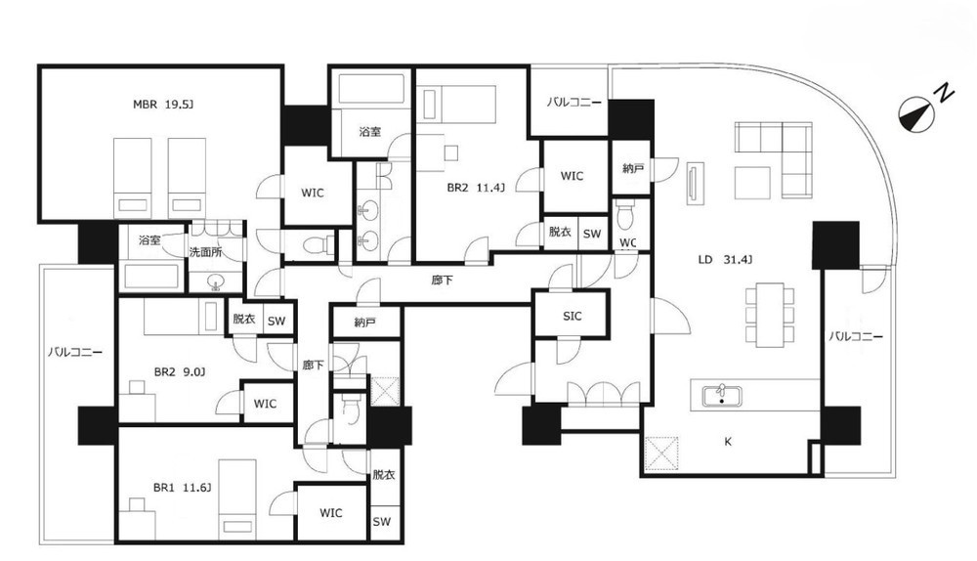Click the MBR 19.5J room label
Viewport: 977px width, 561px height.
tap(163, 105)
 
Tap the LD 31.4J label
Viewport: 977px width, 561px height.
tap(725, 259)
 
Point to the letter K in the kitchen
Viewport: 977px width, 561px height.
tap(728, 442)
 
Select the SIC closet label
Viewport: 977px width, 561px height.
tap(572, 316)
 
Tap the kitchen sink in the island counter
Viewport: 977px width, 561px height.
tap(722, 397)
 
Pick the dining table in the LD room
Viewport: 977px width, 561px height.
tap(770, 315)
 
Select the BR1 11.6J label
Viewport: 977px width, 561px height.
tap(182, 488)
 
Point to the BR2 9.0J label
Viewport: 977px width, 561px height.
tap(180, 372)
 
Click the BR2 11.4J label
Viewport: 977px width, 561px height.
tap(476, 187)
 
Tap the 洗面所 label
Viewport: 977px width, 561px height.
tap(206, 252)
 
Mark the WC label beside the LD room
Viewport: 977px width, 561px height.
tap(628, 242)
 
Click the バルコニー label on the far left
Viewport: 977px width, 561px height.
tap(75, 352)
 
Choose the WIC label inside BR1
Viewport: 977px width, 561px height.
tap(331, 513)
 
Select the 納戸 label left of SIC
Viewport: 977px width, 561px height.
tap(364, 323)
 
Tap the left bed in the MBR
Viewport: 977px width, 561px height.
tap(133, 178)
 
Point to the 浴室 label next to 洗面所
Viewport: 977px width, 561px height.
tap(149, 240)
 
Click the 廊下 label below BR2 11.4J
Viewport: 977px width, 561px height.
tap(442, 280)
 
